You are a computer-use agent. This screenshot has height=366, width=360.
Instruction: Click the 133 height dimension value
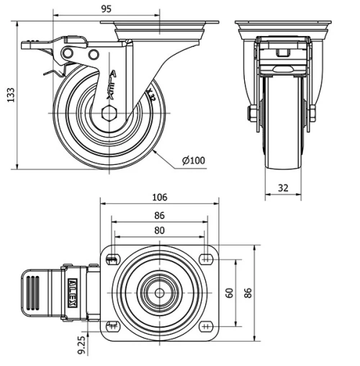[10, 95]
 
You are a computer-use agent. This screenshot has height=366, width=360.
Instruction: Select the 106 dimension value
[159, 197]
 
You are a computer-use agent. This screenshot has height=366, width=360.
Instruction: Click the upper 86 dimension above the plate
[159, 215]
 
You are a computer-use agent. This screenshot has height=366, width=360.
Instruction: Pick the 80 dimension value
[159, 231]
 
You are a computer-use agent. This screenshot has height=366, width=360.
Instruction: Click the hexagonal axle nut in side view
[109, 113]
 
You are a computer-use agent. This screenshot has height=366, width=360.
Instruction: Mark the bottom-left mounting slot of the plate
[113, 325]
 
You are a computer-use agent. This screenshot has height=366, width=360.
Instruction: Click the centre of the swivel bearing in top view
[159, 293]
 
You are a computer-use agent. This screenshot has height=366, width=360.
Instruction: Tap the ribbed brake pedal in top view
[36, 293]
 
